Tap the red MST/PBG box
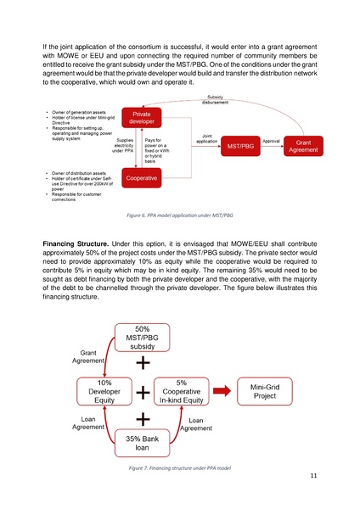(x=239, y=147)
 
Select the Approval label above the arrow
(x=272, y=140)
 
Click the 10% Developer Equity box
(x=104, y=392)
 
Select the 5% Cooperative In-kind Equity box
(x=182, y=392)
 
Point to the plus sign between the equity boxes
(x=143, y=393)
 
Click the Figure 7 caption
(x=179, y=468)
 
